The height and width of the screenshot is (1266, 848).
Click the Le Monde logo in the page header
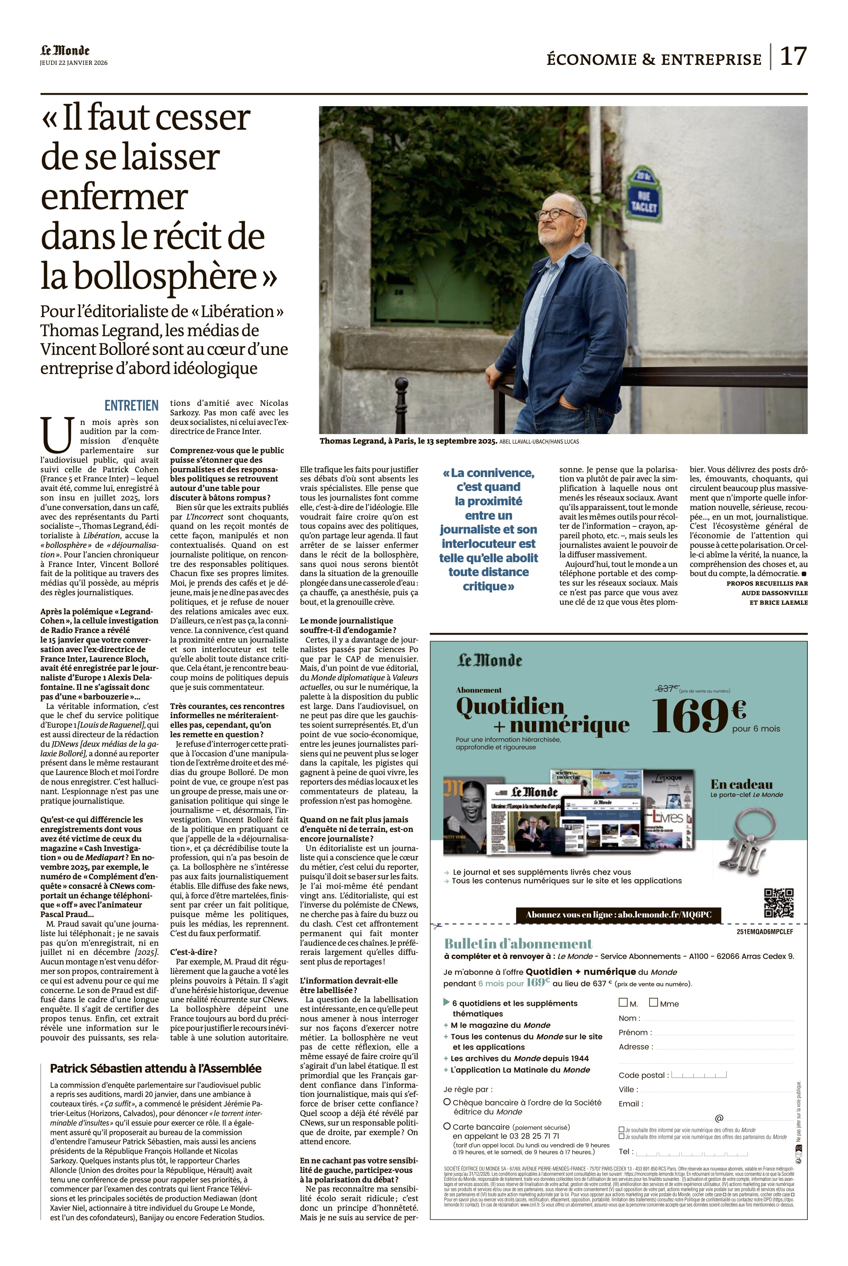(65, 51)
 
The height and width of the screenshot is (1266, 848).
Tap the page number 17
(793, 56)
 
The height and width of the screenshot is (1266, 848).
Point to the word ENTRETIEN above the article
(132, 405)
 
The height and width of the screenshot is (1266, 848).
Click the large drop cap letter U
(57, 434)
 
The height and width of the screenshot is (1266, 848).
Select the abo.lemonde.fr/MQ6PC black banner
(619, 915)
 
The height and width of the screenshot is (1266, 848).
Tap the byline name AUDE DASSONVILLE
(774, 593)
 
